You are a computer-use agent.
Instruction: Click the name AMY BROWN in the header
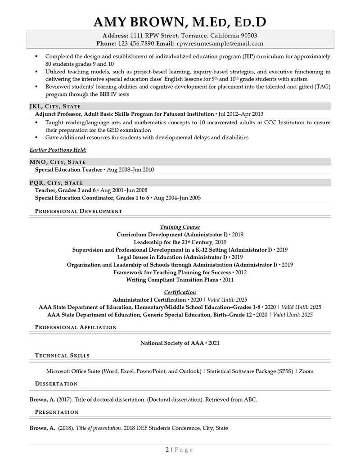(x=137, y=22)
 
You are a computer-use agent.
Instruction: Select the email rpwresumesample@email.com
(x=220, y=44)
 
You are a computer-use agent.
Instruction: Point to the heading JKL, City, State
(x=55, y=106)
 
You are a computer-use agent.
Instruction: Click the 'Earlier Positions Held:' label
(x=58, y=149)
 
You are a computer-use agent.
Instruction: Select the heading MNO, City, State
(x=58, y=162)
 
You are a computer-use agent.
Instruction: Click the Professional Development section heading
(x=78, y=211)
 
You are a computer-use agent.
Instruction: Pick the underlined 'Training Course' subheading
(x=180, y=227)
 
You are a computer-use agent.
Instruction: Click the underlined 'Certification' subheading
(x=180, y=292)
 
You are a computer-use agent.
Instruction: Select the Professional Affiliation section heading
(x=76, y=327)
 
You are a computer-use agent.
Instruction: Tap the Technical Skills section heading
(x=62, y=356)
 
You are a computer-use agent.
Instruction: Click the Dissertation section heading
(x=56, y=384)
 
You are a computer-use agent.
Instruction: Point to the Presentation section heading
(x=57, y=412)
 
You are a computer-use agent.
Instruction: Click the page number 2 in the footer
(x=167, y=449)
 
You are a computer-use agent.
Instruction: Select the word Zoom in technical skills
(x=306, y=371)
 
